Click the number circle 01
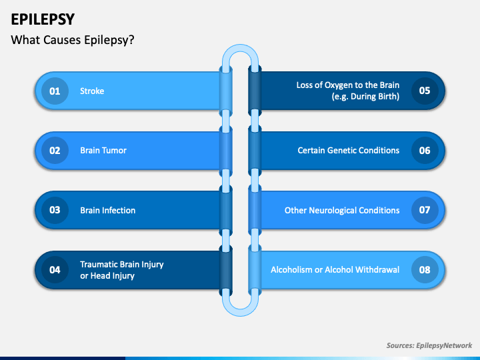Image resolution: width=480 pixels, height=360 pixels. (55, 91)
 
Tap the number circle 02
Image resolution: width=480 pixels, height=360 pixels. (55, 150)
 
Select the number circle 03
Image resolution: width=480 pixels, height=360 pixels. (55, 210)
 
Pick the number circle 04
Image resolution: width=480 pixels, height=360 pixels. (55, 270)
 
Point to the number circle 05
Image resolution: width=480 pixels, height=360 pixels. (425, 91)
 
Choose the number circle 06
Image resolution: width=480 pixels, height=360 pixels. (425, 150)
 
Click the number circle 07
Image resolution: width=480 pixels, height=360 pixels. (425, 210)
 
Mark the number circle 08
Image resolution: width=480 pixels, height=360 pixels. (425, 270)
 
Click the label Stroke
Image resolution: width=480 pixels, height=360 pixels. (92, 91)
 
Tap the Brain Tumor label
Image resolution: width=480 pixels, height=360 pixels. (103, 150)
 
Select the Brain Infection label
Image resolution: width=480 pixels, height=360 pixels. (108, 210)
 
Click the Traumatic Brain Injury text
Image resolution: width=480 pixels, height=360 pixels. (122, 265)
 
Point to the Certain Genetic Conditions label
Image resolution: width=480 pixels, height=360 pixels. (349, 150)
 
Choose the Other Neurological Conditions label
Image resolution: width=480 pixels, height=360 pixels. (342, 210)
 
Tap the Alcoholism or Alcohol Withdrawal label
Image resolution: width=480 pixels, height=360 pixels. (335, 270)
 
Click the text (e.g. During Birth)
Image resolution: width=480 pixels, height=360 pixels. (365, 97)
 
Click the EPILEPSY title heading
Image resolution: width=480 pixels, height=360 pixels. (43, 19)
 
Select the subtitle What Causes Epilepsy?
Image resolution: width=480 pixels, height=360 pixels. (73, 40)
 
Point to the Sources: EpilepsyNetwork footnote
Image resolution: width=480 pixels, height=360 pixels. (429, 345)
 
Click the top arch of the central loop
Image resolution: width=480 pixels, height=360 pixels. (240, 48)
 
